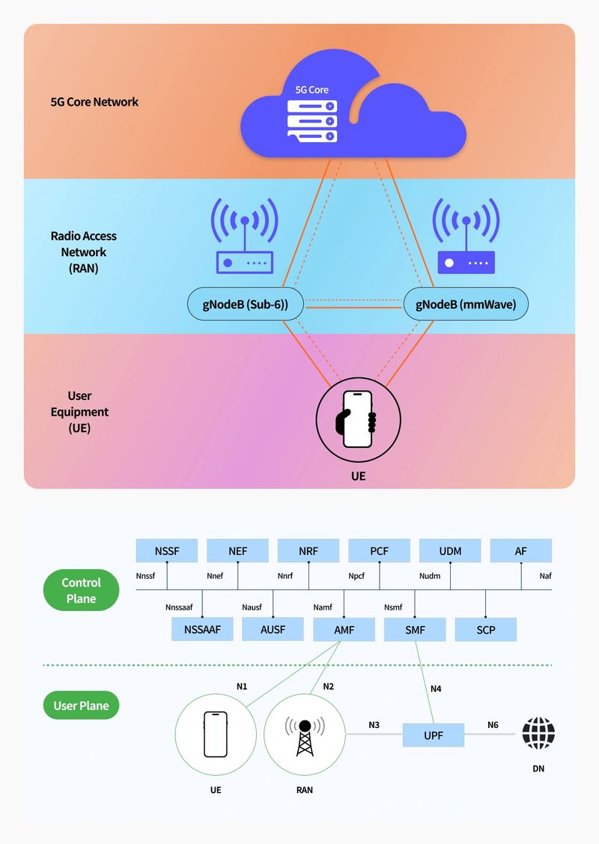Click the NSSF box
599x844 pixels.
click(167, 551)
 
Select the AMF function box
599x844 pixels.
click(344, 630)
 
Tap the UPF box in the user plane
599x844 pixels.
click(434, 735)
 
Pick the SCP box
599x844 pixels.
click(486, 630)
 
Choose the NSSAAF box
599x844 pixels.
click(202, 630)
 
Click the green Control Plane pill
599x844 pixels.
click(81, 590)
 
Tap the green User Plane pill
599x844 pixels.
click(81, 705)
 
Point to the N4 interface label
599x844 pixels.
click(436, 688)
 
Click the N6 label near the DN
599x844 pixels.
click(493, 725)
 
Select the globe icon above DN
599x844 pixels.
click(538, 734)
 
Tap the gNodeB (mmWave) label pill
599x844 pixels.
click(466, 305)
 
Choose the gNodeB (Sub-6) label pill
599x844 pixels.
click(238, 305)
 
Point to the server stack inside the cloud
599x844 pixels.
click(312, 121)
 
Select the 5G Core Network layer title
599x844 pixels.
click(94, 102)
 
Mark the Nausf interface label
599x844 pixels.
click(252, 607)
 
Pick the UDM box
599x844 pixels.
click(450, 551)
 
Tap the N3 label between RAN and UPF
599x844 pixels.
click(374, 725)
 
